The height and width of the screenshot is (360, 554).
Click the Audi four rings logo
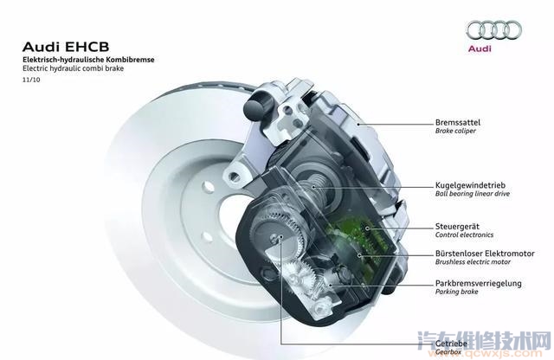[494, 29]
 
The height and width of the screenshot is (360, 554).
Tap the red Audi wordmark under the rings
[480, 48]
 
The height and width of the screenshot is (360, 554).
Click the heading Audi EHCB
[66, 47]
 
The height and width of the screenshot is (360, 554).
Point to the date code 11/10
[31, 80]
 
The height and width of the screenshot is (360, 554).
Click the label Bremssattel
[458, 122]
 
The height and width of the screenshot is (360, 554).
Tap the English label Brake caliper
[455, 131]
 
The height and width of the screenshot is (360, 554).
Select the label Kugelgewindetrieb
[470, 185]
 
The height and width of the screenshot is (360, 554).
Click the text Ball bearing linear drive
[473, 194]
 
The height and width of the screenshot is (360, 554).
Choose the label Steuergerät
[457, 227]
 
